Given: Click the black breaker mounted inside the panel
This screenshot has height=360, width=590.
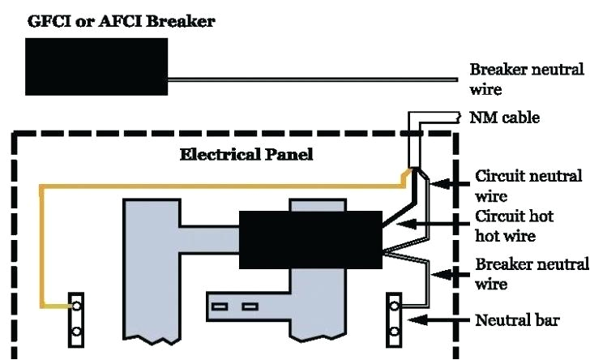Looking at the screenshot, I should point(310,239).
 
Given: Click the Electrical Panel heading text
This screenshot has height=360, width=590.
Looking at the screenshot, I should point(246,155).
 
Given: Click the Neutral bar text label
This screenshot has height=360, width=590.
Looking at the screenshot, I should point(516,319).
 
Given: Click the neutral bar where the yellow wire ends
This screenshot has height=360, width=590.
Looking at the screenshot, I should point(76,319).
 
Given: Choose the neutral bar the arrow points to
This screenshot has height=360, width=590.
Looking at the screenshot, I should point(395,319).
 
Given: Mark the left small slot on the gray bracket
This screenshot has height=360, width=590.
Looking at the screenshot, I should point(220,306).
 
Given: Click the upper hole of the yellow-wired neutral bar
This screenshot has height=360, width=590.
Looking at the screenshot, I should point(76,306).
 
